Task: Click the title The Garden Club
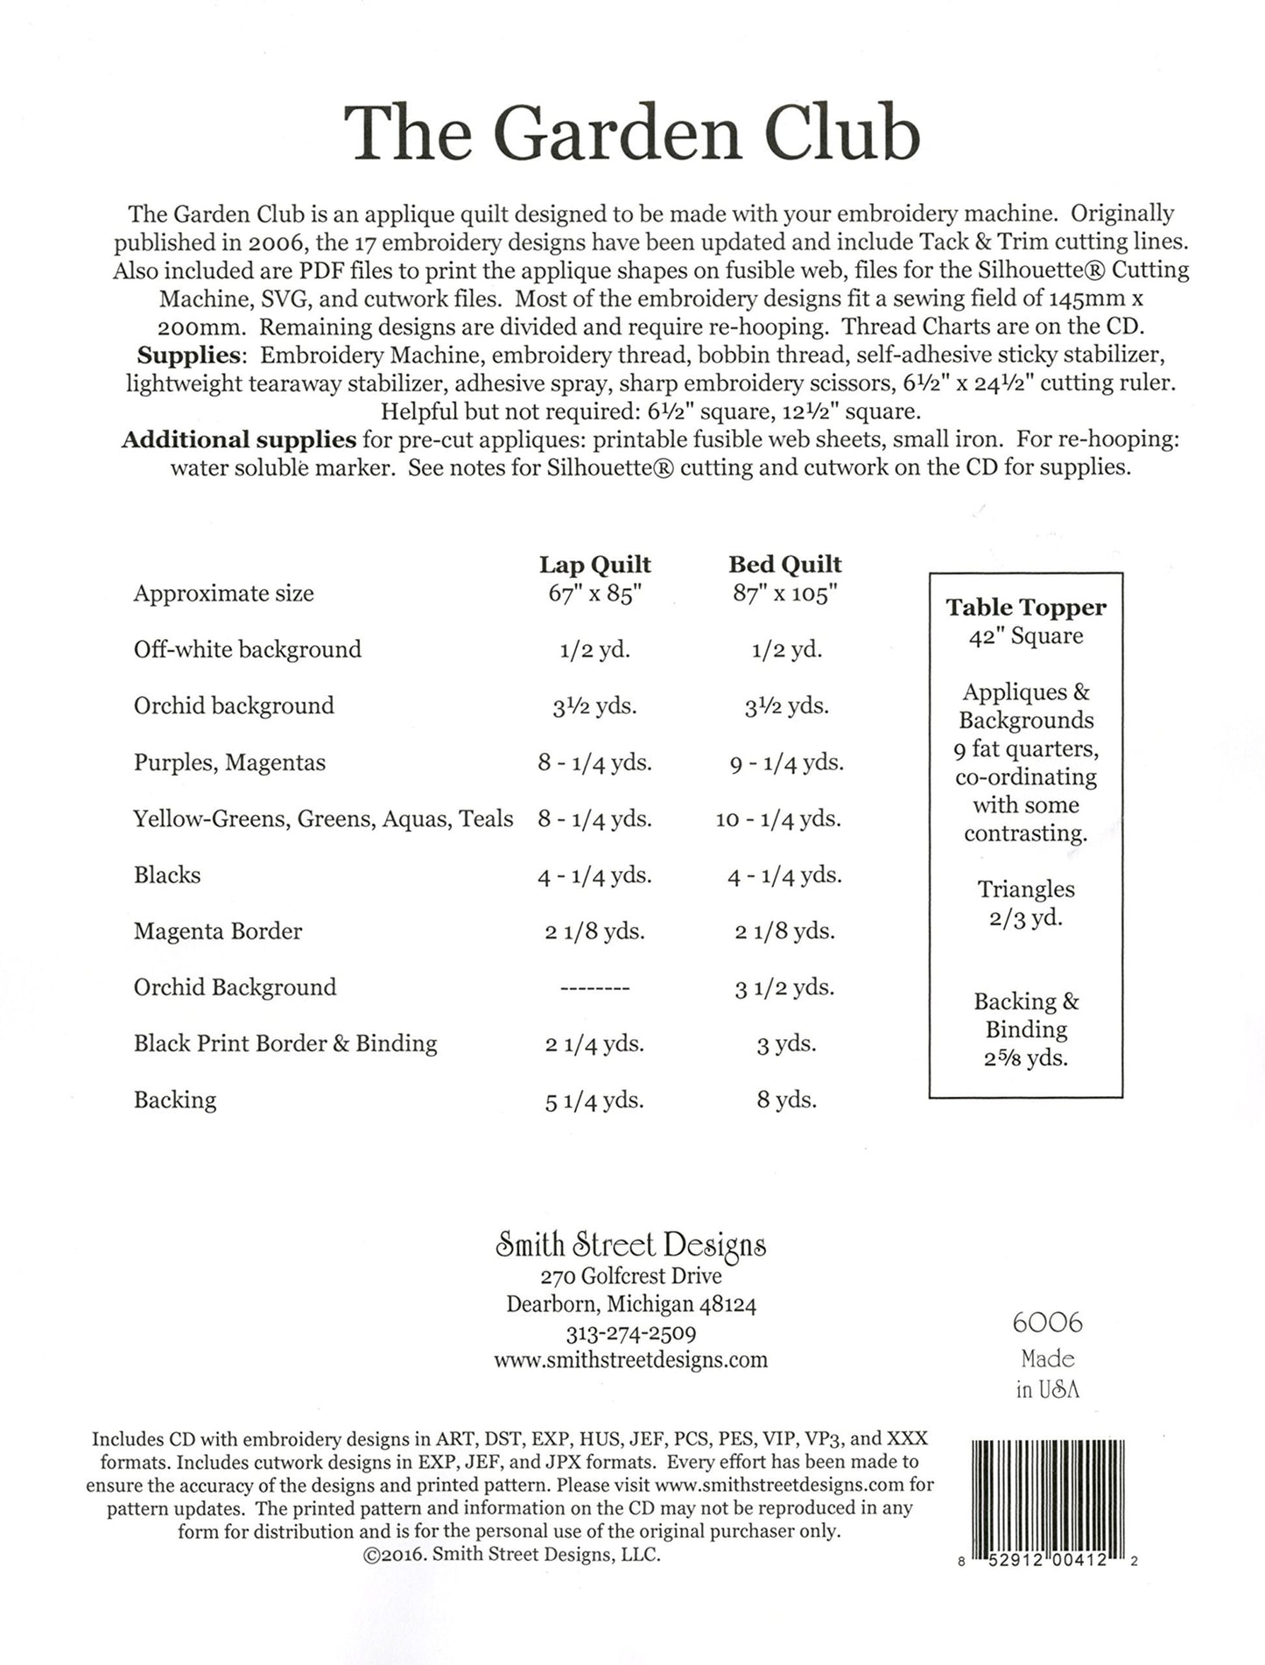[631, 134]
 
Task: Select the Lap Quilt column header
[594, 565]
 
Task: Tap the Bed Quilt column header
[784, 565]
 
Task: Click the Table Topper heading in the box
[1025, 608]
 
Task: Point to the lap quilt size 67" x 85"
[594, 594]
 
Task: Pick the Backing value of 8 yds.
[786, 1099]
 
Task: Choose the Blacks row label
[167, 875]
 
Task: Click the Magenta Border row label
[217, 931]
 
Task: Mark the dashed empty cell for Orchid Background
[594, 988]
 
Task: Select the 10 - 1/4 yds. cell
[777, 818]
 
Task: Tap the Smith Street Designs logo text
[630, 1245]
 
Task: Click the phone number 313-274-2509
[630, 1333]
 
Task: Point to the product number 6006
[1047, 1322]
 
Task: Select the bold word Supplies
[188, 355]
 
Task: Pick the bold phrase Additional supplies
[238, 439]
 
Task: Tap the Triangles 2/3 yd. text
[1025, 903]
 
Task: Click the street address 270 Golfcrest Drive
[630, 1275]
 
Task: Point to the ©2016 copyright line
[510, 1555]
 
